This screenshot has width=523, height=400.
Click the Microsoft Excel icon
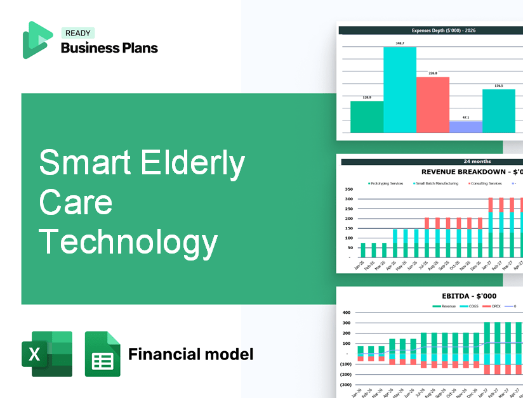pyautogui.click(x=47, y=354)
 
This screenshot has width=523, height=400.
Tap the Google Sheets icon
pyautogui.click(x=102, y=354)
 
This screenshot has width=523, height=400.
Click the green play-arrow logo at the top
pyautogui.click(x=37, y=40)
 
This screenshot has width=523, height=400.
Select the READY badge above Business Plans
pyautogui.click(x=77, y=34)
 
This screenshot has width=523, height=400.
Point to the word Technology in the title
pyautogui.click(x=128, y=242)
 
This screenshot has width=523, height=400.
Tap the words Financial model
pyautogui.click(x=190, y=354)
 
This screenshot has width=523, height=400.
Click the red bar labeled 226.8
pyautogui.click(x=432, y=105)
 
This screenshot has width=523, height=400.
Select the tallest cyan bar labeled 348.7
pyautogui.click(x=399, y=89)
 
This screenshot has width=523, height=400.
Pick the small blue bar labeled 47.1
pyautogui.click(x=465, y=127)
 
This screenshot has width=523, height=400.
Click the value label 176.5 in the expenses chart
pyautogui.click(x=498, y=86)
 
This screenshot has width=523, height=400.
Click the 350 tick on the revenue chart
pyautogui.click(x=348, y=189)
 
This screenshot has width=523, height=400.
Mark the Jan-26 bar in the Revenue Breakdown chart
pyautogui.click(x=363, y=250)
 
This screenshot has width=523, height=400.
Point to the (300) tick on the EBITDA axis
pyautogui.click(x=346, y=385)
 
